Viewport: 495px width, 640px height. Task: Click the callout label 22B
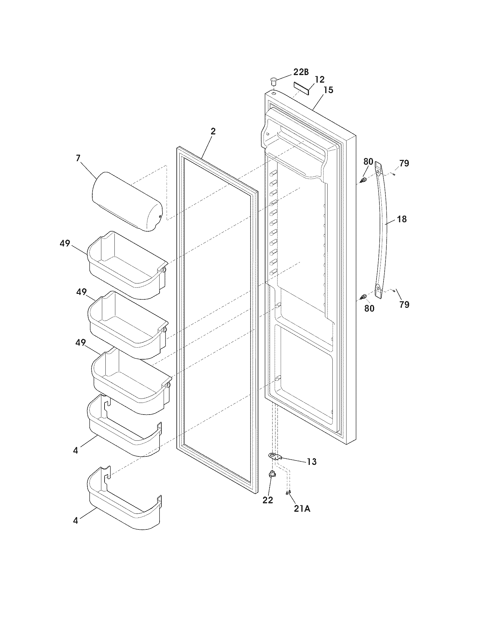click(x=301, y=72)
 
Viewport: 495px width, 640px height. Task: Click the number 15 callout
click(x=328, y=90)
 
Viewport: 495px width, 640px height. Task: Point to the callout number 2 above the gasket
click(x=213, y=131)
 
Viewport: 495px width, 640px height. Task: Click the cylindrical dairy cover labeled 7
click(x=127, y=202)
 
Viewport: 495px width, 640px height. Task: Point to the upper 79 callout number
click(x=404, y=163)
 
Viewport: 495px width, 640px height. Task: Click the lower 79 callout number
click(x=404, y=305)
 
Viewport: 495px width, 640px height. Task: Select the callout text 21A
click(x=302, y=509)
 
